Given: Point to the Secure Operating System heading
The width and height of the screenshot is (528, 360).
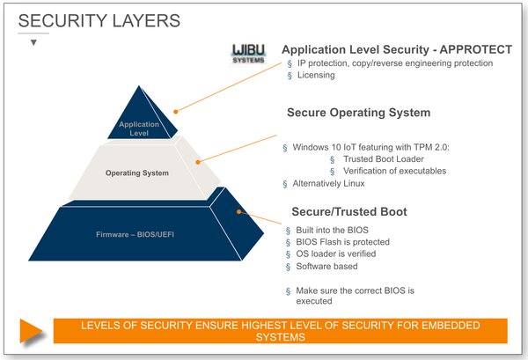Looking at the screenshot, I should click(x=358, y=113).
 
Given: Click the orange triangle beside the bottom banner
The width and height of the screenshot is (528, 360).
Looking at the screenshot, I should click(x=32, y=331).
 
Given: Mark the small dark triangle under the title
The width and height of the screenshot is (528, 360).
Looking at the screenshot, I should click(x=33, y=42).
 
